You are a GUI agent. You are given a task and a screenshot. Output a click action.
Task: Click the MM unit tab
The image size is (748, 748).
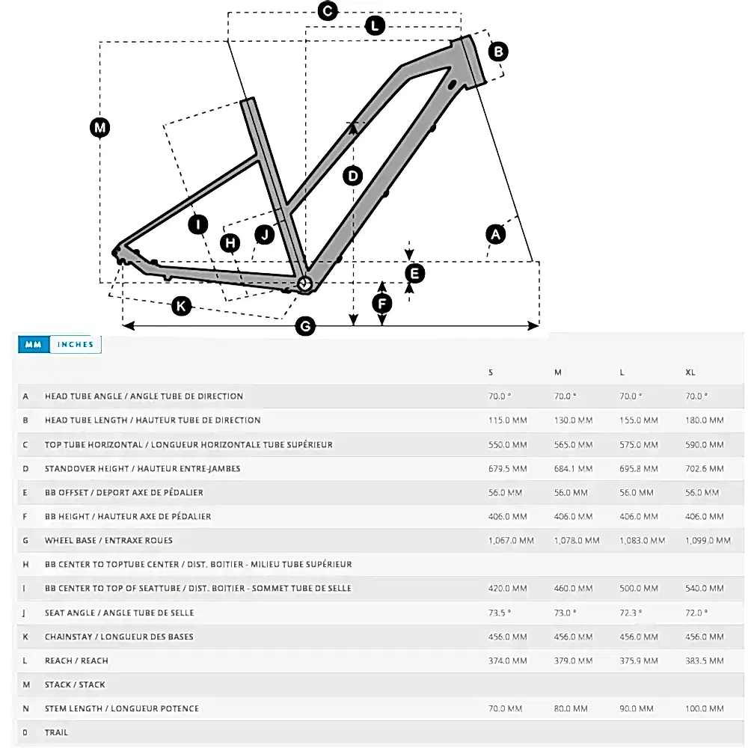click(33, 345)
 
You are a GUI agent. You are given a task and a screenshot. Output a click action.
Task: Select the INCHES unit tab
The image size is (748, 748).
click(76, 345)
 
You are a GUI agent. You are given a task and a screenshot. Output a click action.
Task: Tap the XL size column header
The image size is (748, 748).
click(690, 373)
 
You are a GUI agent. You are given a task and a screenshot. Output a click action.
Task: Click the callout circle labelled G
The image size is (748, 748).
click(304, 326)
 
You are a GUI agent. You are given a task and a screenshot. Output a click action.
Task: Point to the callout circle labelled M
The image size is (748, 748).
click(99, 127)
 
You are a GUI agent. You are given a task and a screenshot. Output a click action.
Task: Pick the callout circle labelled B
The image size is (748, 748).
click(498, 52)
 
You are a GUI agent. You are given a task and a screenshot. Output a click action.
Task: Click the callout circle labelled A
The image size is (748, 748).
click(495, 234)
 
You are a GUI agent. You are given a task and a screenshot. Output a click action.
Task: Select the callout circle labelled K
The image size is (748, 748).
click(180, 305)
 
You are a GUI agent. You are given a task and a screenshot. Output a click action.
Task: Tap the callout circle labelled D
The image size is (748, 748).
click(352, 177)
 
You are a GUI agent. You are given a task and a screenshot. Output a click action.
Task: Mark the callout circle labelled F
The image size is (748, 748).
click(382, 304)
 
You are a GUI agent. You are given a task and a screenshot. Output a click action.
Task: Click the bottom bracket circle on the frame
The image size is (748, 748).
click(304, 283)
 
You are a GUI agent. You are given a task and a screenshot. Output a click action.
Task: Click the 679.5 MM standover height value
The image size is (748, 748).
click(508, 469)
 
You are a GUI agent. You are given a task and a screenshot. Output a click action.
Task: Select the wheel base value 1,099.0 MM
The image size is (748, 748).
click(708, 541)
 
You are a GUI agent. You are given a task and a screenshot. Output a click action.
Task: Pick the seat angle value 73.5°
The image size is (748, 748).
click(500, 613)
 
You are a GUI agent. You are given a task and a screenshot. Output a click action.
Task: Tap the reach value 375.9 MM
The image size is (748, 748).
click(639, 661)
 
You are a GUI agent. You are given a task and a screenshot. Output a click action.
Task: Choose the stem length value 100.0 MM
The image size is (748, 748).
click(705, 709)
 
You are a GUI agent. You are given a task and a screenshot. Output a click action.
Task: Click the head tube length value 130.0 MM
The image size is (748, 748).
click(574, 420)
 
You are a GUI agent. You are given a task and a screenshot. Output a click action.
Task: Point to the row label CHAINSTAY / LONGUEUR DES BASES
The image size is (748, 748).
click(119, 637)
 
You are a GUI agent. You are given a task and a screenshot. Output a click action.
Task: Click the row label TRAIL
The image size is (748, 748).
click(56, 733)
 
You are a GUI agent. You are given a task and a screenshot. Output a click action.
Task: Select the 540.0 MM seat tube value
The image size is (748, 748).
click(705, 589)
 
